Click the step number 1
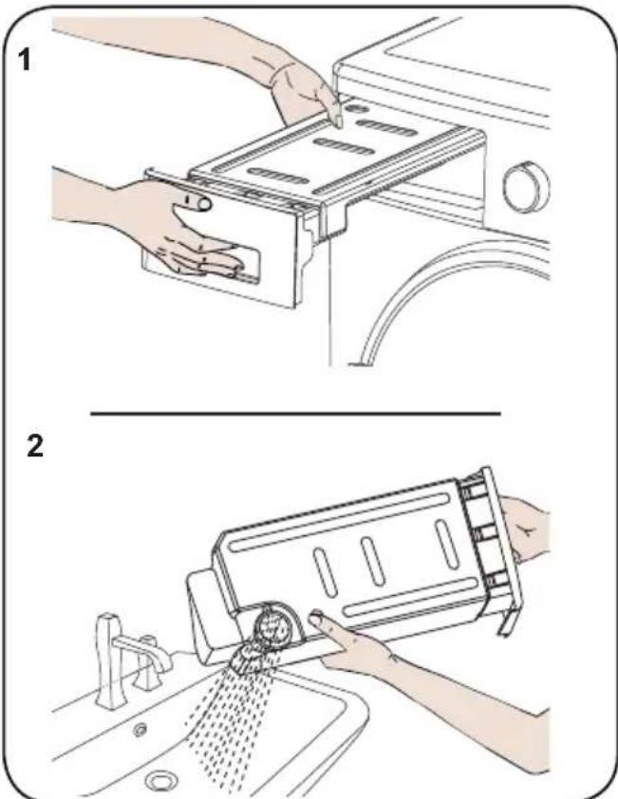[24, 59]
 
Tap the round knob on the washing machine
[526, 188]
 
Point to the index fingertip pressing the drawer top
[336, 119]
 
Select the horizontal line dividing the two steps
[295, 413]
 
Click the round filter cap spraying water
[275, 625]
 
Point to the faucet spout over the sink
[145, 653]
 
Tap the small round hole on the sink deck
[139, 731]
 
